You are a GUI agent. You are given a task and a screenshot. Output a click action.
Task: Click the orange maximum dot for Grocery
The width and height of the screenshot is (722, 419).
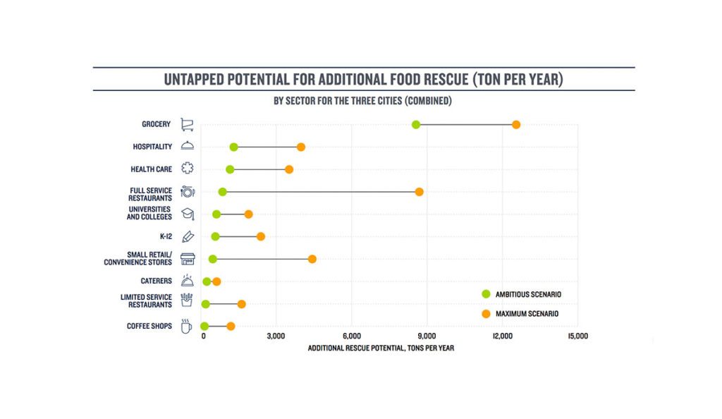(516, 125)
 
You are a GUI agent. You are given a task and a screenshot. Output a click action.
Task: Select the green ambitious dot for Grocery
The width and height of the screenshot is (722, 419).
(416, 125)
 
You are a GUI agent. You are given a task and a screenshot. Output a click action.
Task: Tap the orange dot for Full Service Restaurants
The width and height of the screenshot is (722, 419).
(420, 192)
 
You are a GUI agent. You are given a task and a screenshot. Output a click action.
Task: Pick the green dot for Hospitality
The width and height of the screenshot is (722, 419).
(233, 147)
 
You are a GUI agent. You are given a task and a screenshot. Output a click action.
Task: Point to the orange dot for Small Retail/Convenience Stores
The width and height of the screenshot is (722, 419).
(312, 259)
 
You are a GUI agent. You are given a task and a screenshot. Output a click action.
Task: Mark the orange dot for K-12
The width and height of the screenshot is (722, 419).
(261, 236)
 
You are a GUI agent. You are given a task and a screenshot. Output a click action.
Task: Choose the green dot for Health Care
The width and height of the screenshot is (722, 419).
(230, 169)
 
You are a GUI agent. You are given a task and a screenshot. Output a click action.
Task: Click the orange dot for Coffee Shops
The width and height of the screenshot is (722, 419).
(231, 326)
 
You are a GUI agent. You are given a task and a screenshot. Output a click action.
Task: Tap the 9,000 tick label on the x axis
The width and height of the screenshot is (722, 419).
(427, 336)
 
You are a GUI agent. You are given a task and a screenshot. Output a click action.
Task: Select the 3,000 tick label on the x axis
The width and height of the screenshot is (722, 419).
(276, 336)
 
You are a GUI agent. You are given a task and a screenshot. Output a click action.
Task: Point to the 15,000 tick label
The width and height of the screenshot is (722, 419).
(577, 336)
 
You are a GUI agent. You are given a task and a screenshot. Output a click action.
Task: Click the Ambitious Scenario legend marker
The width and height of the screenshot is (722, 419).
(486, 293)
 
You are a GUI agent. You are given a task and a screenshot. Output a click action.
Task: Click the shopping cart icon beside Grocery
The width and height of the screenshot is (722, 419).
(187, 125)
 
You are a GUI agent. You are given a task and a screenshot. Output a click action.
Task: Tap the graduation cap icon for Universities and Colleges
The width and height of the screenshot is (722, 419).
(187, 214)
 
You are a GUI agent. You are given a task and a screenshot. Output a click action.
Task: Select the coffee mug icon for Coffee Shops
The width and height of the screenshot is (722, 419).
(186, 326)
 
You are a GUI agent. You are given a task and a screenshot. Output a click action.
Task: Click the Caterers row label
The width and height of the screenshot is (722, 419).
(156, 281)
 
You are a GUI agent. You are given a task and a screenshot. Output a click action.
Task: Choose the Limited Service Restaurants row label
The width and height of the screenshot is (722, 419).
(146, 300)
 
